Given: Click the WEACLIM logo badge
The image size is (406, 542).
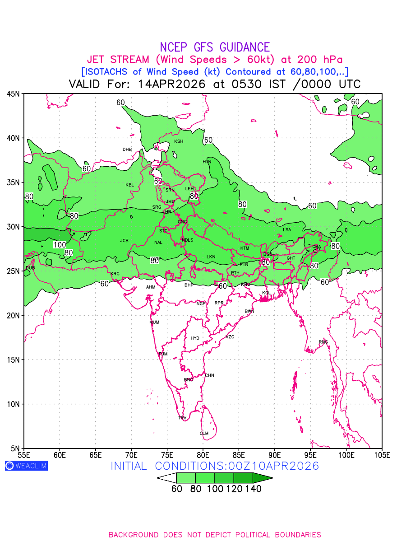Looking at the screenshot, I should click(x=26, y=466).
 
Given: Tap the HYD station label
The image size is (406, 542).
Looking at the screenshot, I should click(x=195, y=338).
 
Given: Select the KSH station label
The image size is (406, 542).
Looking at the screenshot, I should click(x=179, y=141).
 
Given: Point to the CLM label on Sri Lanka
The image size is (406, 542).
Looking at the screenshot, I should click(x=204, y=433).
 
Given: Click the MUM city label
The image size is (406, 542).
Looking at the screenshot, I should click(x=154, y=322).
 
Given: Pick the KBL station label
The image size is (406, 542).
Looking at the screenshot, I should click(x=130, y=185).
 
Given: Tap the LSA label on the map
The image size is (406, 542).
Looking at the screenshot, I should click(x=287, y=230).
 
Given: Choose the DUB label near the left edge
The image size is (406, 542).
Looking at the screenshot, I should click(x=30, y=268).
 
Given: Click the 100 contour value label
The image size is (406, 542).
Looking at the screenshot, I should click(x=60, y=245).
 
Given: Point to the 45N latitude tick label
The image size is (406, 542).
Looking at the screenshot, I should click(x=13, y=94).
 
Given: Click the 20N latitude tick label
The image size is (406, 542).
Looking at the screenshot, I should click(x=13, y=315).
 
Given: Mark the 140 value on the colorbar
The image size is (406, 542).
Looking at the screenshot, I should click(x=254, y=489).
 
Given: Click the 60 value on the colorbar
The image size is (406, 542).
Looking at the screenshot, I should click(x=177, y=489).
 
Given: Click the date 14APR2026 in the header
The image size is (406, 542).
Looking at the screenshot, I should click(x=172, y=84).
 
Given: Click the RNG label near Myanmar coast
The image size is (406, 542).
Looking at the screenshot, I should click(x=323, y=342).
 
